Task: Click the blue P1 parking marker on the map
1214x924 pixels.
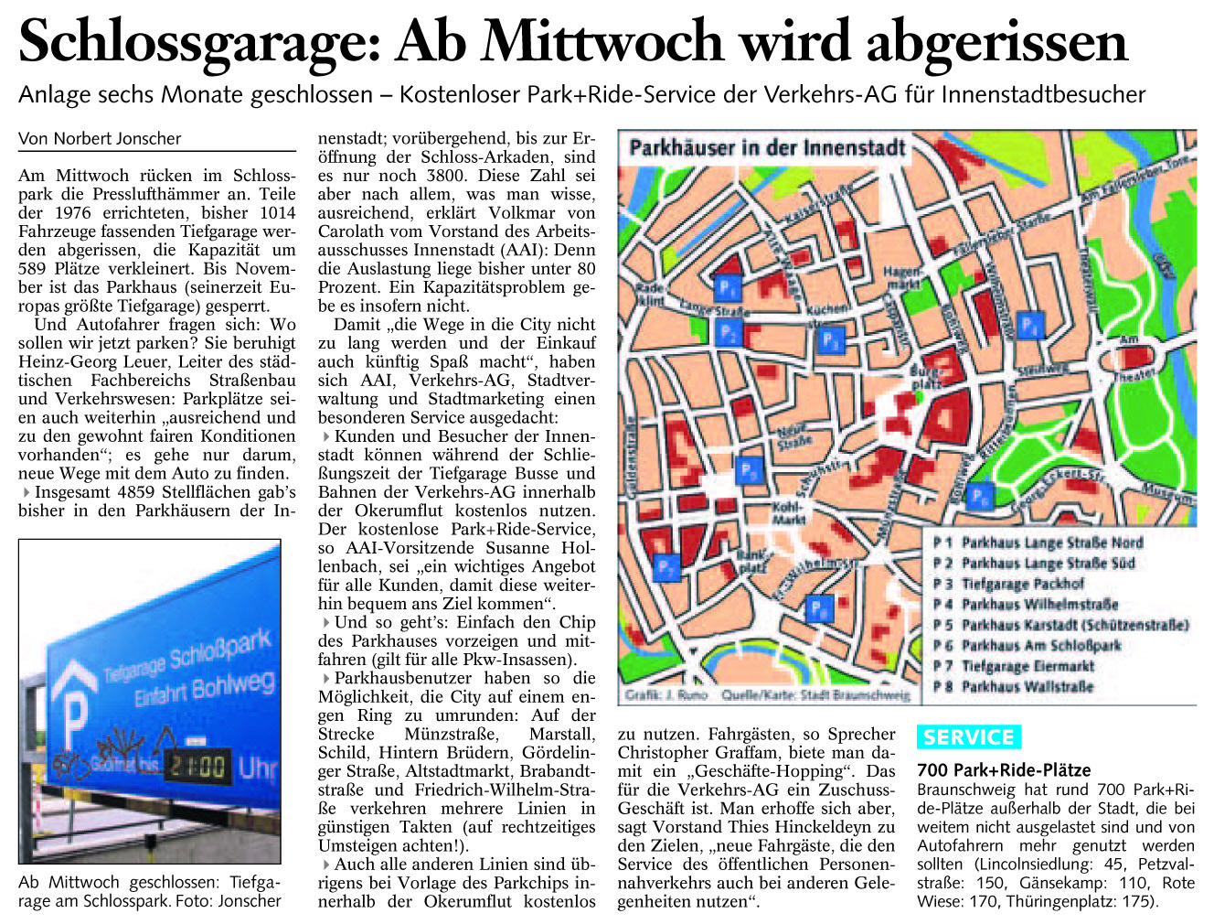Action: coord(727,288)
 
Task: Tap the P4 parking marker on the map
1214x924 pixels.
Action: coord(1029,326)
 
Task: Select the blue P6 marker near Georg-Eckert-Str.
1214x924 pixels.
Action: coord(979,497)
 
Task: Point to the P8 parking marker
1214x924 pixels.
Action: coord(818,607)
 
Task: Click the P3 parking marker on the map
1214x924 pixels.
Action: coord(829,340)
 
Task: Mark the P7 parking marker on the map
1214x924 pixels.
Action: coord(667,567)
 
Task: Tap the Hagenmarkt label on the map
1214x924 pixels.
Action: coord(902,278)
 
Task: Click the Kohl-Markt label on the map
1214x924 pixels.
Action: coord(788,512)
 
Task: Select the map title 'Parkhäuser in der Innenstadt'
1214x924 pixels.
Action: coord(767,148)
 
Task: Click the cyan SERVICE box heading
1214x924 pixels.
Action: coord(968,737)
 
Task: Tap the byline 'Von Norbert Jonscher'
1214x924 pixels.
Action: coord(100,139)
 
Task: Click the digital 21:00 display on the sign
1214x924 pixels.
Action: coord(196,764)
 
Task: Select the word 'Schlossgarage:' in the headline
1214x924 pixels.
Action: coord(198,42)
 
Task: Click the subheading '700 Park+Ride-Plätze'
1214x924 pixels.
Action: coord(1004,770)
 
